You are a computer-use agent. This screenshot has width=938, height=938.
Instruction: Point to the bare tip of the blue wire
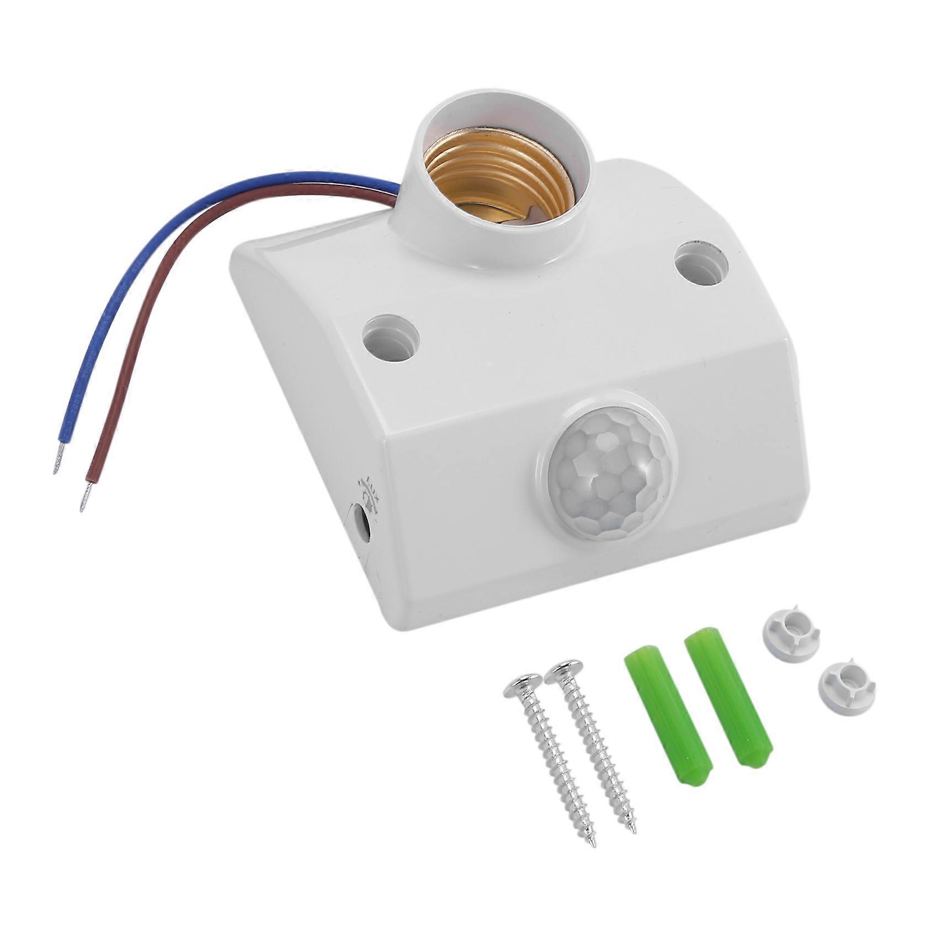pyautogui.click(x=57, y=466)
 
